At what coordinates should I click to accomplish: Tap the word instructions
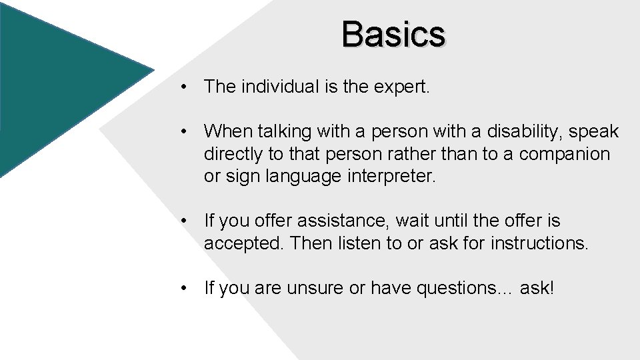(x=539, y=243)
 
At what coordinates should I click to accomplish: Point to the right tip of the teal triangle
(x=153, y=69)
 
